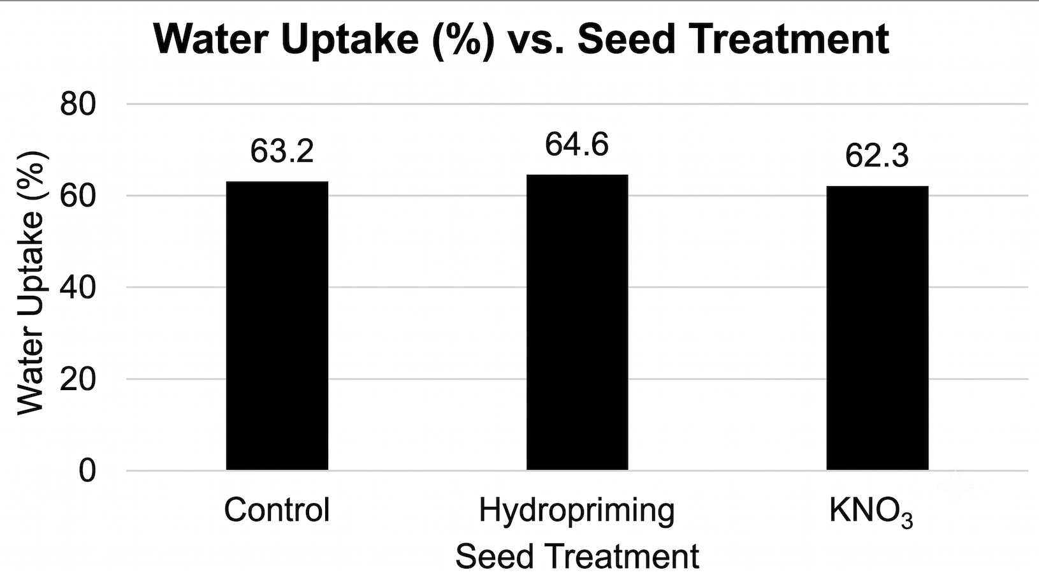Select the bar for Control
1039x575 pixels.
[277, 326]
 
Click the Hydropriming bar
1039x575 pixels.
[577, 323]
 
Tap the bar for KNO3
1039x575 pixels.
[877, 328]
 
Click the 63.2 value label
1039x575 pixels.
[282, 151]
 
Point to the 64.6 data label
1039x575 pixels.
[577, 144]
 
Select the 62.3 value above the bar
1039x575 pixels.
[876, 156]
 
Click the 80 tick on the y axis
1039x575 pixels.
[78, 104]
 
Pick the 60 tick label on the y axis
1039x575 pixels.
[78, 196]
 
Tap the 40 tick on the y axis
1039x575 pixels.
[78, 287]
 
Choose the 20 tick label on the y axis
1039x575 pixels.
[78, 379]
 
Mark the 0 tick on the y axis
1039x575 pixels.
[87, 470]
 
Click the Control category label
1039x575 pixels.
[277, 509]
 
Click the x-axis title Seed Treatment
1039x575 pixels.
[578, 556]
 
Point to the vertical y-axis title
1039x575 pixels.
[31, 282]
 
